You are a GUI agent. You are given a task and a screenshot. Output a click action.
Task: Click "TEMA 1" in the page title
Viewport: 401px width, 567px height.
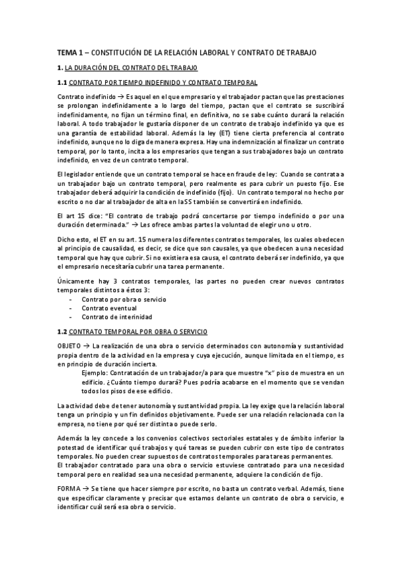68,51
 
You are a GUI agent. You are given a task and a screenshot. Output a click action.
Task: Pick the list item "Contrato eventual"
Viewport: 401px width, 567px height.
109,308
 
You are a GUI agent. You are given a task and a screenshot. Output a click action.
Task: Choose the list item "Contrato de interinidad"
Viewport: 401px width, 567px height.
116,316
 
